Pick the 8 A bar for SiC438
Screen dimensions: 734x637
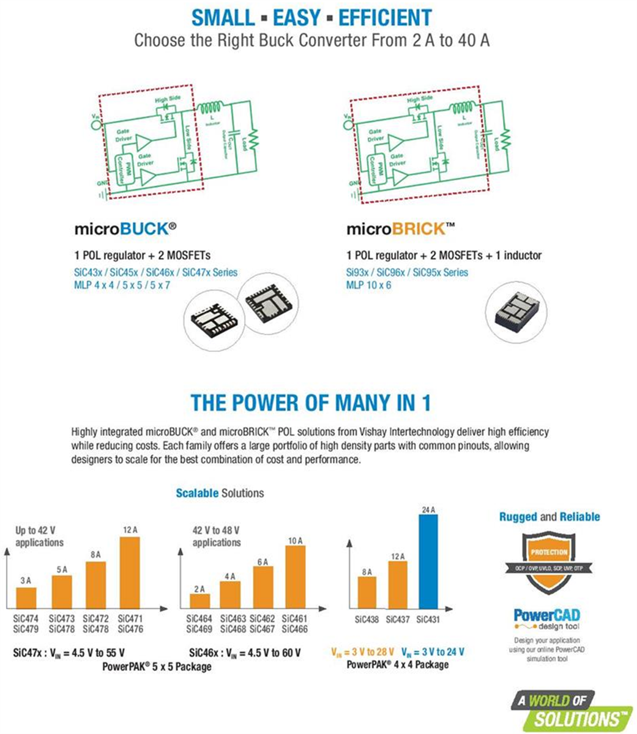[x=367, y=592]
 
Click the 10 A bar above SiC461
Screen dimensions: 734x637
[x=296, y=576]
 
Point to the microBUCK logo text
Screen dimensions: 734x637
[x=125, y=229]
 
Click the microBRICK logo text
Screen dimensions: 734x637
[x=401, y=229]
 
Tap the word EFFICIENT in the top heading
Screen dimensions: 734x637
[x=385, y=18]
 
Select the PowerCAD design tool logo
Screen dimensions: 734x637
[x=546, y=619]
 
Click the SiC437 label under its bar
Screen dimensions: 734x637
[x=398, y=619]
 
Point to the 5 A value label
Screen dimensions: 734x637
[x=62, y=569]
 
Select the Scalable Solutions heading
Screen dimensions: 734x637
[x=220, y=493]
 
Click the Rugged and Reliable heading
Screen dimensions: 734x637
[x=549, y=517]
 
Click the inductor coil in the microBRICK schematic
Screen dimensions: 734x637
[x=464, y=109]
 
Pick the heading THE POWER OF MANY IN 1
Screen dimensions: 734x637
[x=310, y=402]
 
